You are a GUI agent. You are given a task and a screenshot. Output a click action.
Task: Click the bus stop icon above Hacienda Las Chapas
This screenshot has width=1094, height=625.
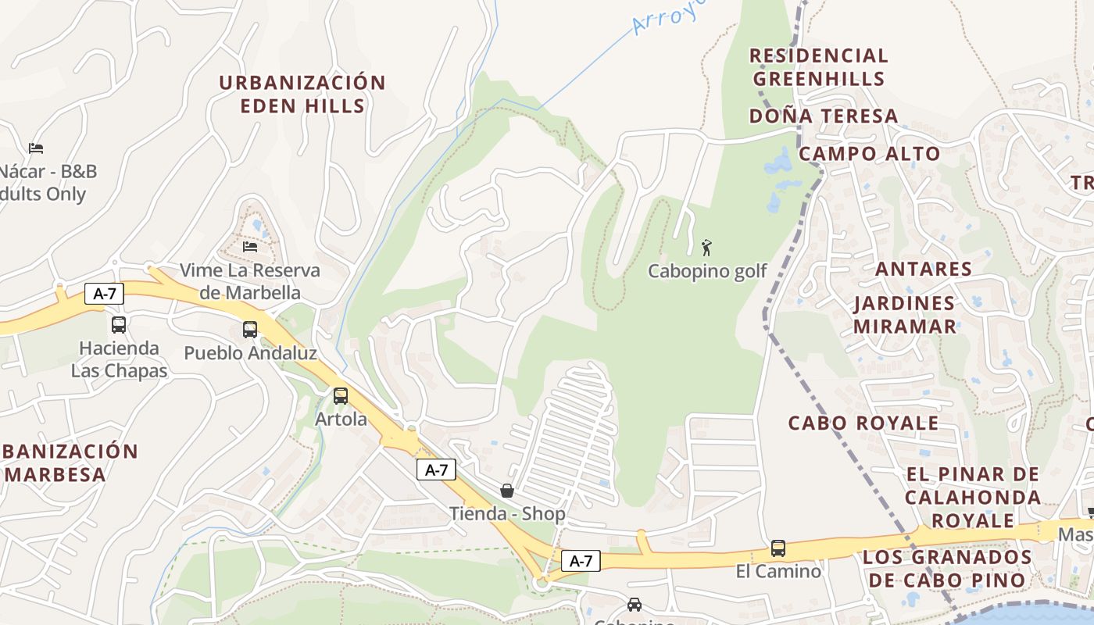119,324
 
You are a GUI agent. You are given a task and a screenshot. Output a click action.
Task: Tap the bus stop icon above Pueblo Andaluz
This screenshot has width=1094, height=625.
250,329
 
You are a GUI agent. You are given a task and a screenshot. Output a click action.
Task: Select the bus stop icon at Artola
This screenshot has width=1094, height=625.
341,395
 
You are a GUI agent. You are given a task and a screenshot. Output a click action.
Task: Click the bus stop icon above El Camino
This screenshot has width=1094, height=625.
778,548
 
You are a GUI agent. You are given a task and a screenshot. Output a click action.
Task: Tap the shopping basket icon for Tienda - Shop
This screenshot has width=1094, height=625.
507,491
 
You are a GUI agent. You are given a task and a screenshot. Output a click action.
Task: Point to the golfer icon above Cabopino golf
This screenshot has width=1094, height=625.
707,248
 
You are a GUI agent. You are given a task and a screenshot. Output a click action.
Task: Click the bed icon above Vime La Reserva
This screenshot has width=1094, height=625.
250,246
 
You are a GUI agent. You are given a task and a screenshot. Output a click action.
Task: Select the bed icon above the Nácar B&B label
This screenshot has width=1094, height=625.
36,148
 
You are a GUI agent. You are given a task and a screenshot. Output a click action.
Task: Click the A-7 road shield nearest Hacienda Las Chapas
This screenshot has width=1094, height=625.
105,294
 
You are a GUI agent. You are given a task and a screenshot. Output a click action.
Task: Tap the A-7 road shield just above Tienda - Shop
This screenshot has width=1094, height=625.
436,470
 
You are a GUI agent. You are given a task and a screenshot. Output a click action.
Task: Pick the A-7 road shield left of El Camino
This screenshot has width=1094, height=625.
581,560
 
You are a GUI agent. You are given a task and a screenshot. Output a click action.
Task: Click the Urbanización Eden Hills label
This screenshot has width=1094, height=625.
302,94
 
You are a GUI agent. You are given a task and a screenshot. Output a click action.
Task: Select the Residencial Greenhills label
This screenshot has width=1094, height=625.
819,67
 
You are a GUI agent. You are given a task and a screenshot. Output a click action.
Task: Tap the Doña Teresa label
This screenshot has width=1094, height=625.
824,116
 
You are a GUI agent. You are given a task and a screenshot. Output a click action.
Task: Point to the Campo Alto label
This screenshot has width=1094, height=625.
869,153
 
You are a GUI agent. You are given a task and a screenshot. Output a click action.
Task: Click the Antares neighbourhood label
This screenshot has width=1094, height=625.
924,269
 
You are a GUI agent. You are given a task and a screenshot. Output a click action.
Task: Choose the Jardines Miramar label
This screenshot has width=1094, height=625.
904,314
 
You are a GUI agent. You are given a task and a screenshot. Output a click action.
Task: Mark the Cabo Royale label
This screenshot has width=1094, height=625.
863,423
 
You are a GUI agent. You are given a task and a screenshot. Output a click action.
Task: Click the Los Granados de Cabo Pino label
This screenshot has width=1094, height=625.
947,568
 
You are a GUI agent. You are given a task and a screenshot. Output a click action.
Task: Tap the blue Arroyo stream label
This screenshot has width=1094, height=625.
669,16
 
